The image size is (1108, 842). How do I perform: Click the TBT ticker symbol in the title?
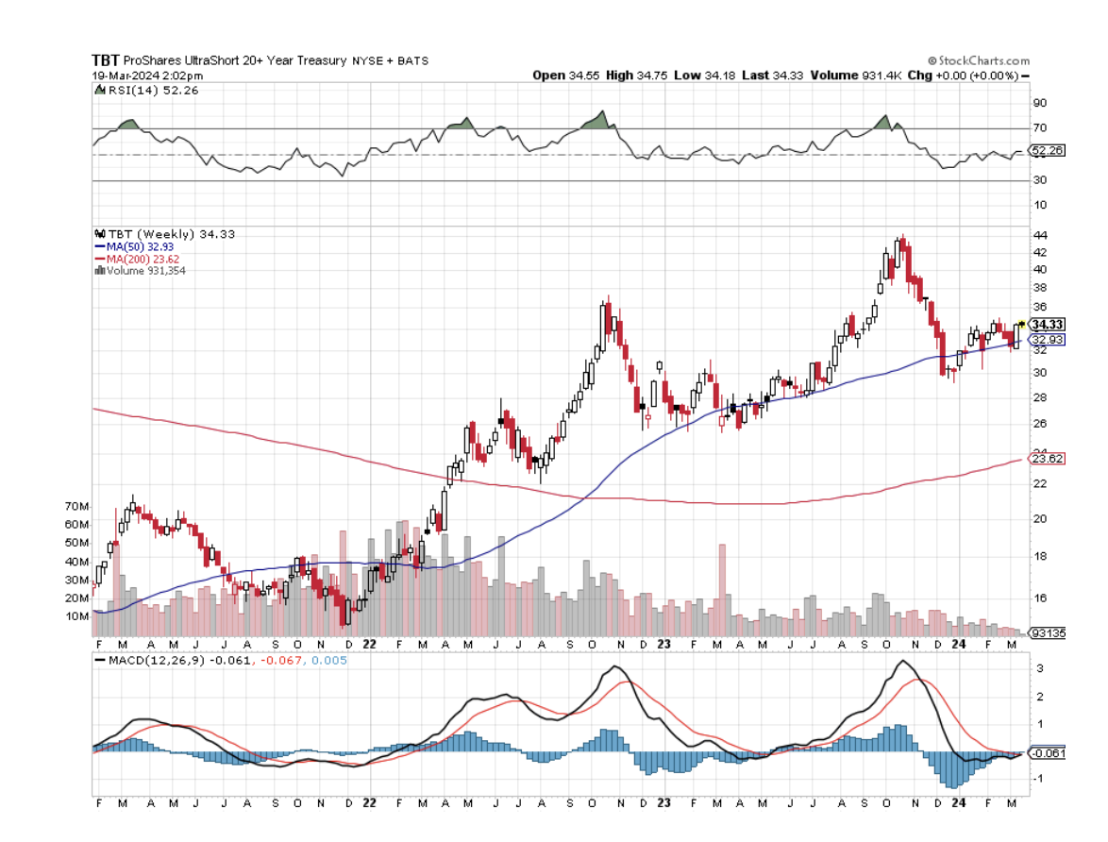106,59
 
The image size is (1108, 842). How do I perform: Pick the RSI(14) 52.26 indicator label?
151,90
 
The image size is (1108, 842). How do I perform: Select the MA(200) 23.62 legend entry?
141,258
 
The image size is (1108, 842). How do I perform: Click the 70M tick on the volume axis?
76,507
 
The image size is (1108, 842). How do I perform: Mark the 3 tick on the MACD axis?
1039,668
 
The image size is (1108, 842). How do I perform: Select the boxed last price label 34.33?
1048,324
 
